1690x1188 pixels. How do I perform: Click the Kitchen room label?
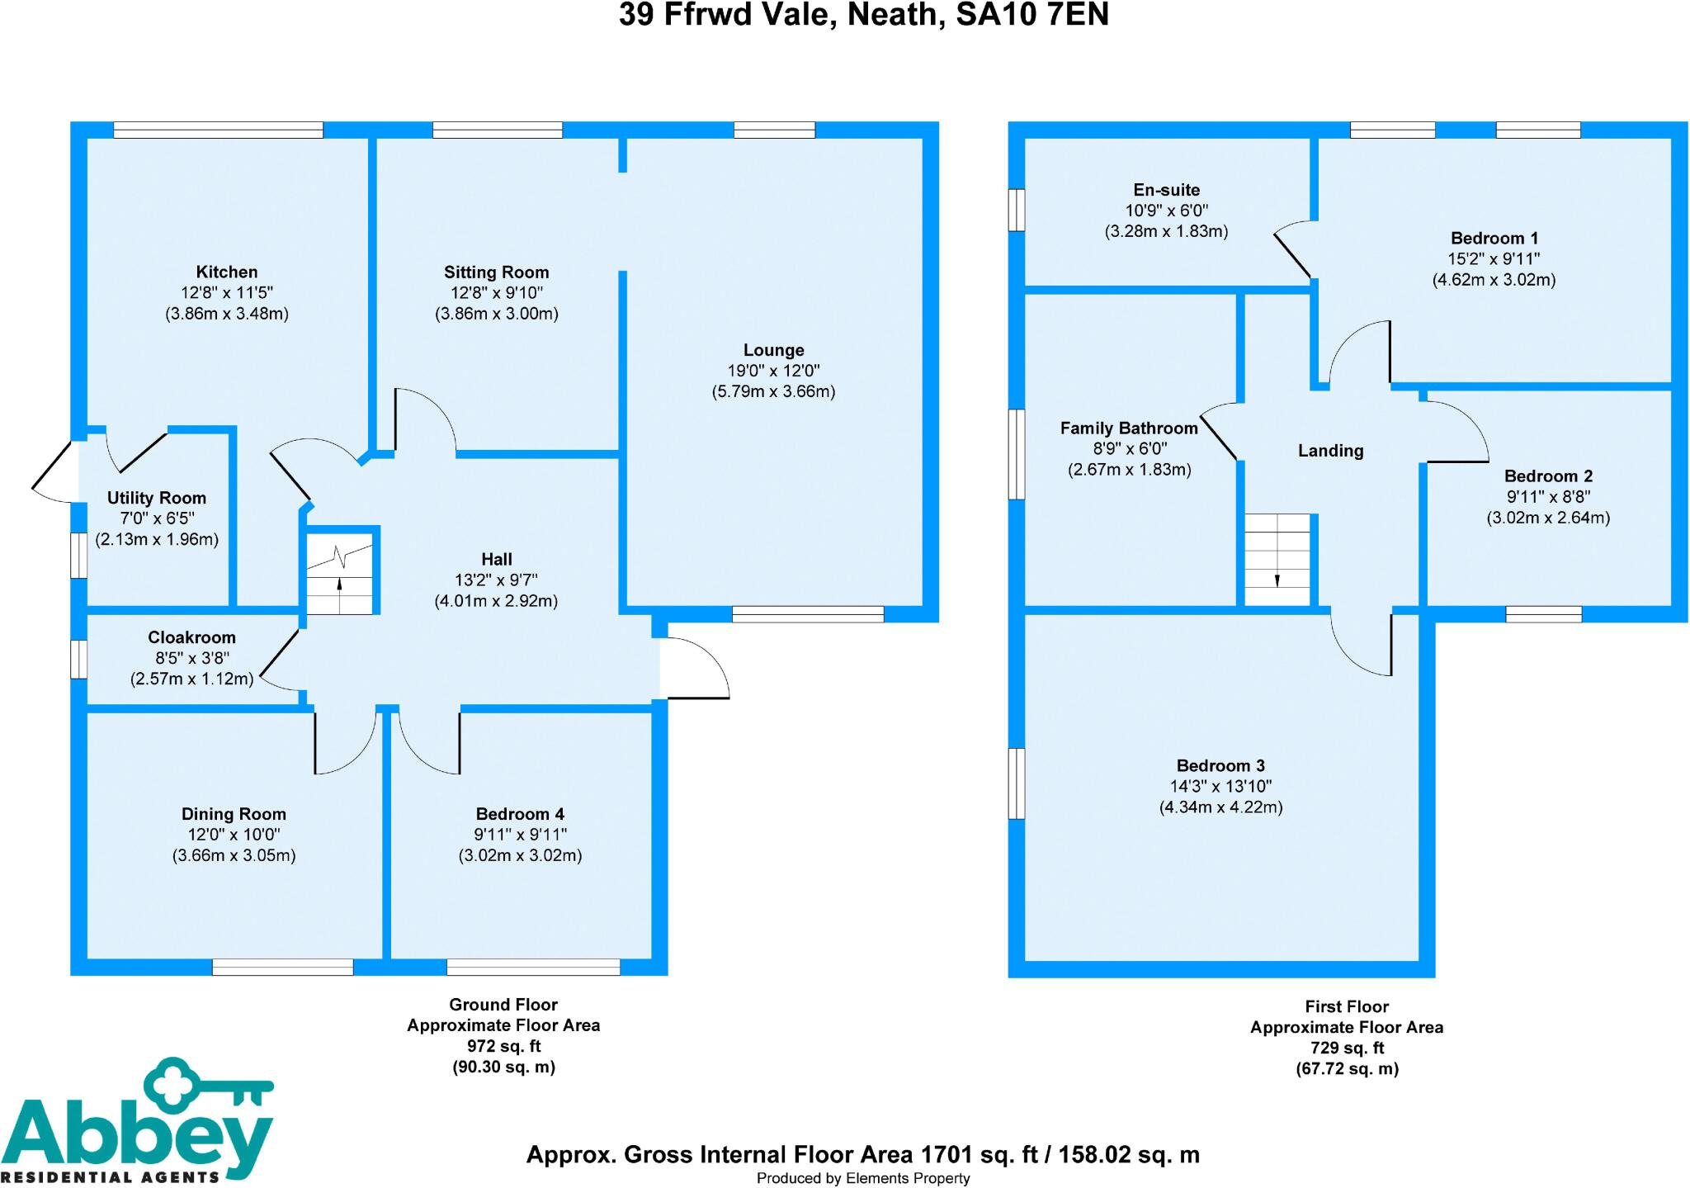pos(227,272)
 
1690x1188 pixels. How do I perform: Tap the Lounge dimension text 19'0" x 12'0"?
pos(773,371)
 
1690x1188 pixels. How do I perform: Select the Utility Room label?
pos(157,498)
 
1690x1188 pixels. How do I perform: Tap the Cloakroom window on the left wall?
pos(78,659)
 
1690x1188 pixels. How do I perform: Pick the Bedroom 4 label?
pos(520,814)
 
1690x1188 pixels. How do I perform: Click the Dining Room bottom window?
pos(283,967)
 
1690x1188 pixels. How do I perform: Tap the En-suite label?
pos(1166,190)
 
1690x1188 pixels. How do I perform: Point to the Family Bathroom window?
pos(1017,454)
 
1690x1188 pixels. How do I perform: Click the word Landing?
pos(1330,451)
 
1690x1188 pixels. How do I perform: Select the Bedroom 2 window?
pos(1543,614)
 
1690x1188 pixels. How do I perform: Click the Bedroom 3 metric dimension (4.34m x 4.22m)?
pos(1220,807)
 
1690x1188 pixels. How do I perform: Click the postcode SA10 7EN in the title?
pos(1031,15)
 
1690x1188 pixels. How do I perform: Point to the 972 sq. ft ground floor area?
pos(503,1046)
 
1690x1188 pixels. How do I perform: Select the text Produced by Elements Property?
pos(862,1178)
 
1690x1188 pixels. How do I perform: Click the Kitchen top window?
pos(219,130)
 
